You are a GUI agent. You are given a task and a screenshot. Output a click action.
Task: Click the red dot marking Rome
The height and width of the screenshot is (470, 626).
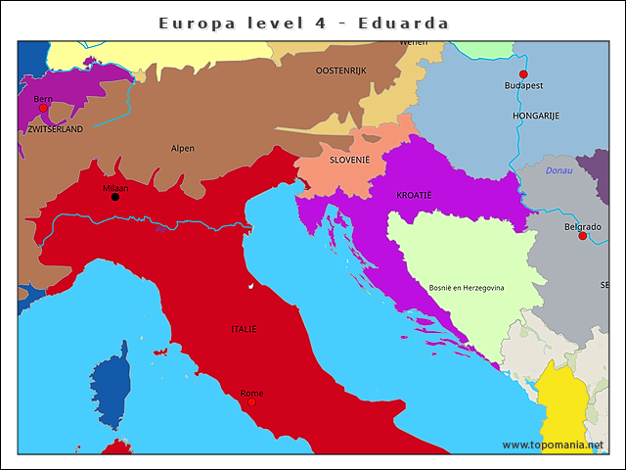251,401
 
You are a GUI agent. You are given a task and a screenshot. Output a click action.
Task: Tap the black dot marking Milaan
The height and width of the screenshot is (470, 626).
115,197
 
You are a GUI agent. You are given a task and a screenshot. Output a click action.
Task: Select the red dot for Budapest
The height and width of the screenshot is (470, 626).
523,74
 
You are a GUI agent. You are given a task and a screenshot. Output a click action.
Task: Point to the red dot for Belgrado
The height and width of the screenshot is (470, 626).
583,236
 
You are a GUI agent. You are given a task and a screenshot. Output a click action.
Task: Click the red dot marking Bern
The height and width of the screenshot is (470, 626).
43,109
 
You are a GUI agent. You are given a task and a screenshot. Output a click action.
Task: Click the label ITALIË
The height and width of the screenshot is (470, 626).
244,329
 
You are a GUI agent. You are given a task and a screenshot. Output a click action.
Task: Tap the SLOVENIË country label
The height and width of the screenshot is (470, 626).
349,160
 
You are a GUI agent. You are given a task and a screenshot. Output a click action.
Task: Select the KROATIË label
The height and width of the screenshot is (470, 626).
414,196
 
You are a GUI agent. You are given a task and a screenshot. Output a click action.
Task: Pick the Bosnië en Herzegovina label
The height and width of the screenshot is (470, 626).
467,288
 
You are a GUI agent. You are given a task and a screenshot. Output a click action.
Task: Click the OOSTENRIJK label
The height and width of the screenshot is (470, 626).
341,70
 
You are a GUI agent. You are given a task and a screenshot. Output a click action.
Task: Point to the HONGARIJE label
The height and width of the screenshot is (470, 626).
535,116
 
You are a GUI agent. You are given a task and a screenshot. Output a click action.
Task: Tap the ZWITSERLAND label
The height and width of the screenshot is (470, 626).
56,129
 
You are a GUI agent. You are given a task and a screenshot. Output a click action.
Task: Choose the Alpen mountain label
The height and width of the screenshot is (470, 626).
183,149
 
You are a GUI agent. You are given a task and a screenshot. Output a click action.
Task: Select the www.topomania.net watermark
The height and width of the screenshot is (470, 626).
553,445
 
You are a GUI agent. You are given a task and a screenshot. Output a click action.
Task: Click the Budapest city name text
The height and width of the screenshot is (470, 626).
523,86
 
